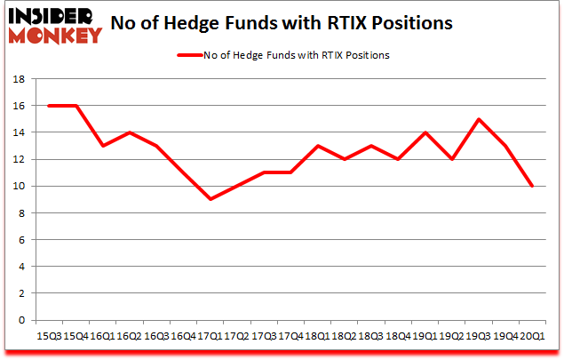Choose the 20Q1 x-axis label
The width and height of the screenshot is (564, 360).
[531, 336]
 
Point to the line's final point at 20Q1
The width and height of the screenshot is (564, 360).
[531, 186]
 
